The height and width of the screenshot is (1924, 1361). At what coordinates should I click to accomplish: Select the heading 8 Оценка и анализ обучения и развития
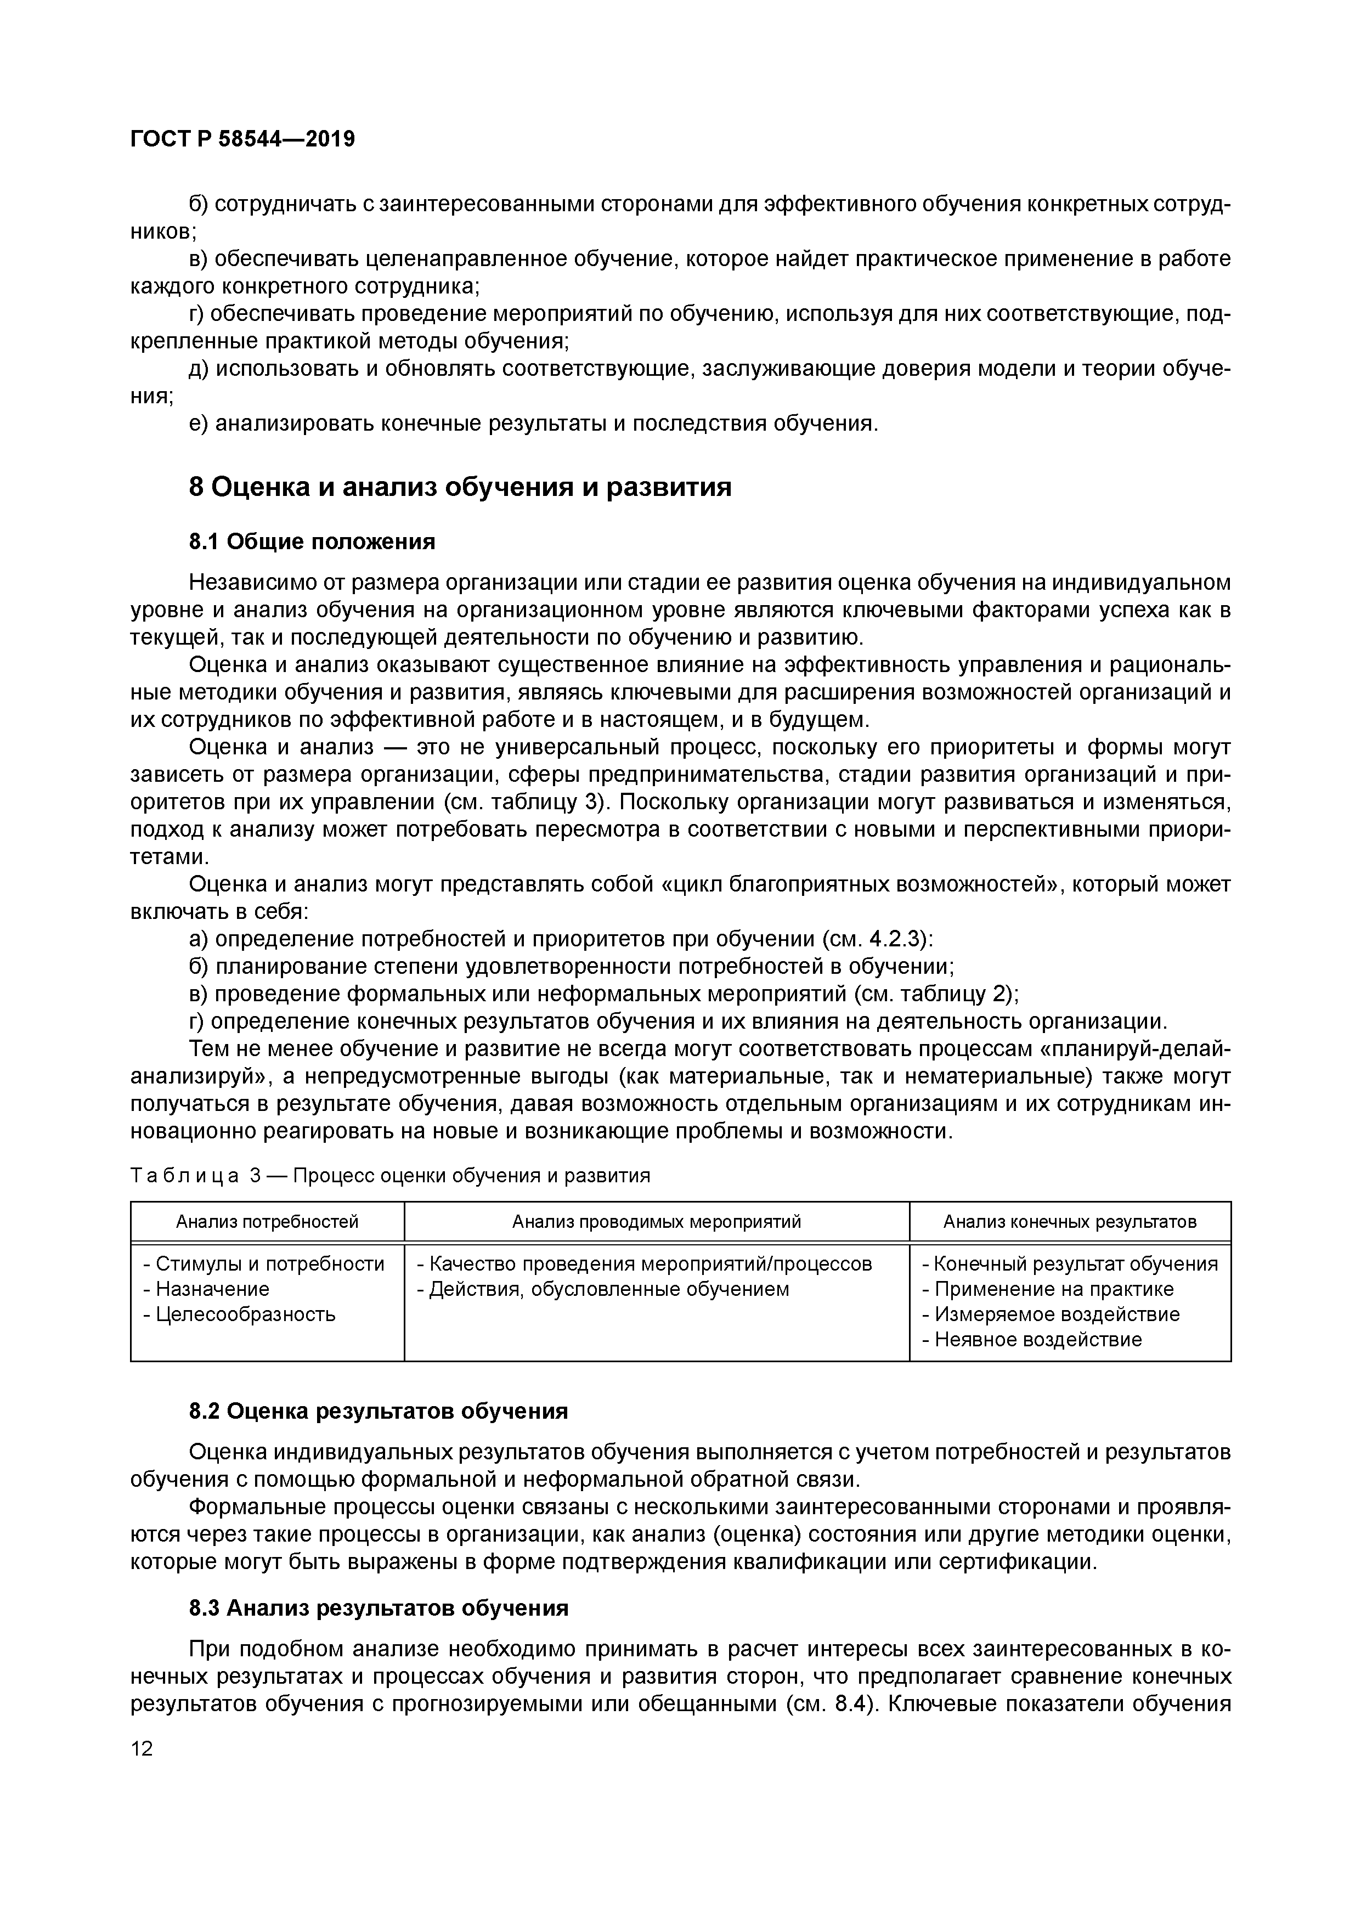[460, 487]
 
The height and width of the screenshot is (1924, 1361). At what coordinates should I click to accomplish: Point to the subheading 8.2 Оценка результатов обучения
[378, 1411]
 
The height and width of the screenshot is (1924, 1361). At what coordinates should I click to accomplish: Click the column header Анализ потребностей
[267, 1222]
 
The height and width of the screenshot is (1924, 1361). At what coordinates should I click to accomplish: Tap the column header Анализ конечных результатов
[1069, 1222]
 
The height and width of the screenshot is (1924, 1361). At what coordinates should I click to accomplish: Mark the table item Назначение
[212, 1289]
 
